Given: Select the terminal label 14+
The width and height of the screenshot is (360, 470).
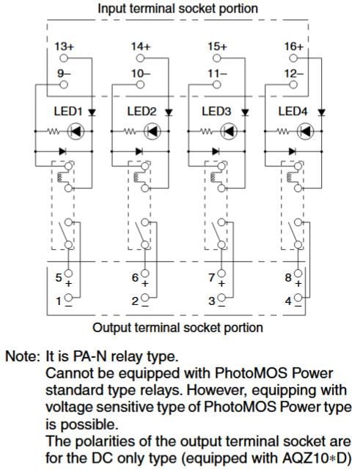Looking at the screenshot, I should pyautogui.click(x=140, y=46).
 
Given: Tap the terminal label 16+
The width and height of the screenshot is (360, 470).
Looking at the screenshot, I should pyautogui.click(x=294, y=46).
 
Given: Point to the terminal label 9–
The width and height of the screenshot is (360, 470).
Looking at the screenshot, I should pyautogui.click(x=62, y=73).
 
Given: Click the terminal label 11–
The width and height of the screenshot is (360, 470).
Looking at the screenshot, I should pyautogui.click(x=216, y=73).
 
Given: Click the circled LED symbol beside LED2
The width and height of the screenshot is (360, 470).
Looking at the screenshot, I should pyautogui.click(x=152, y=133).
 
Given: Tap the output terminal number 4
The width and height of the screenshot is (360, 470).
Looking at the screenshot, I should pyautogui.click(x=287, y=301).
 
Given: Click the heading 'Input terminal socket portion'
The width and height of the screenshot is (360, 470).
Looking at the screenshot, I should pyautogui.click(x=178, y=9).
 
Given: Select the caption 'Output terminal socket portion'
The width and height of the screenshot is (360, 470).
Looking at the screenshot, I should pyautogui.click(x=178, y=327).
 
